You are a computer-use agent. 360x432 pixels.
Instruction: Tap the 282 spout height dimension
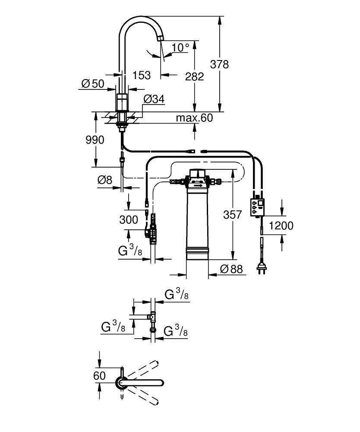[194, 76]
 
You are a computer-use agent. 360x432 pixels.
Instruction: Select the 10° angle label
[180, 47]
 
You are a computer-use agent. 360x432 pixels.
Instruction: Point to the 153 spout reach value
[141, 75]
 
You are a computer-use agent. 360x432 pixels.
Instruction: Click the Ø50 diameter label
[93, 83]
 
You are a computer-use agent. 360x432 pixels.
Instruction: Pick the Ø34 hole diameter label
[153, 99]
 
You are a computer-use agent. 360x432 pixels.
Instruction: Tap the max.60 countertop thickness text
[194, 118]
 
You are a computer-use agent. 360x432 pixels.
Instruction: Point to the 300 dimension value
[129, 220]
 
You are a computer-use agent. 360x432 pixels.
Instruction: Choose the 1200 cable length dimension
[281, 225]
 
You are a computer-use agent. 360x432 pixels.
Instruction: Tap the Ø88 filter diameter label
[231, 269]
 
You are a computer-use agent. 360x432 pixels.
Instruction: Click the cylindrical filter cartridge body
[197, 220]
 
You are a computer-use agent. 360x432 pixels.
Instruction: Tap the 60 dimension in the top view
[99, 375]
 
